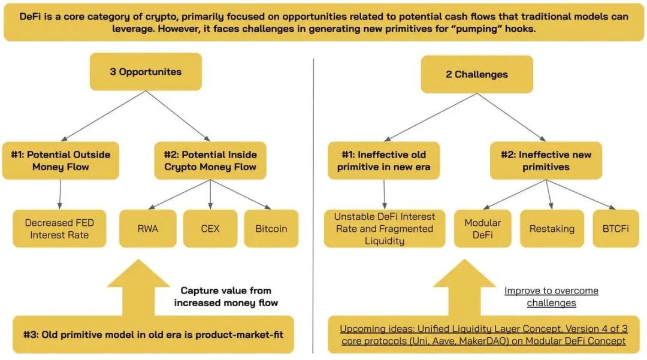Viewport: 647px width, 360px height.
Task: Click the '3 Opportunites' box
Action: click(x=146, y=72)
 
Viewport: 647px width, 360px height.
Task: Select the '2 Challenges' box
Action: click(x=477, y=74)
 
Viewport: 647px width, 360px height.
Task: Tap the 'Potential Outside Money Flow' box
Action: click(x=61, y=161)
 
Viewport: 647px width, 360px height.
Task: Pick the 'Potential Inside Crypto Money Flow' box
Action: click(x=210, y=161)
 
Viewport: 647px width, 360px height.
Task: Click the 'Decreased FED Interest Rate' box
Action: click(x=59, y=228)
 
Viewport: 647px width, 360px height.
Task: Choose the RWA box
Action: click(x=148, y=228)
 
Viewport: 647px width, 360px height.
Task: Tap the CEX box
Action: click(x=210, y=228)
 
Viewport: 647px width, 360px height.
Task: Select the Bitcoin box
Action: click(x=271, y=228)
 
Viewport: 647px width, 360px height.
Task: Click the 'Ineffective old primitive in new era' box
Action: click(x=384, y=161)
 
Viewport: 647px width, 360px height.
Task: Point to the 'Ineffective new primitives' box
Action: click(x=546, y=161)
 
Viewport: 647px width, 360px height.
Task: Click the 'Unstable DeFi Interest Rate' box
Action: click(x=385, y=228)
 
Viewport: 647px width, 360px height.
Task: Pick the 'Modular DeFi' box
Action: click(x=483, y=228)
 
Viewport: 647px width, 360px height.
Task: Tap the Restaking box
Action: click(x=552, y=228)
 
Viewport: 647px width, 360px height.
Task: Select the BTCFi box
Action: click(x=616, y=228)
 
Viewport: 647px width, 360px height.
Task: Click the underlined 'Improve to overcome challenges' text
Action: click(x=551, y=297)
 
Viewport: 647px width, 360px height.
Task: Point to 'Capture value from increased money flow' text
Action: click(x=226, y=297)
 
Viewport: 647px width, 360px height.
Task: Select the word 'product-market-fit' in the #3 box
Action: click(x=239, y=334)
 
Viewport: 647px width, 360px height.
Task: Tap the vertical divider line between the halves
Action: click(x=313, y=206)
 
